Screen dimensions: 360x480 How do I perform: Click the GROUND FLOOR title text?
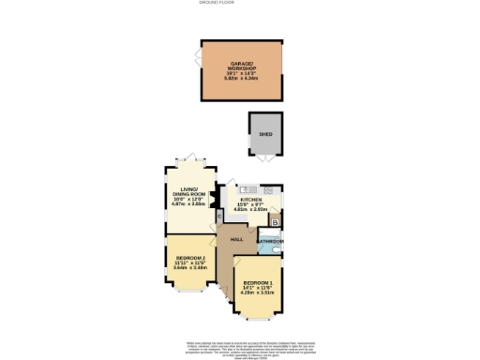[x=240, y=5]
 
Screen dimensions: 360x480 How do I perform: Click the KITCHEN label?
[x=250, y=200]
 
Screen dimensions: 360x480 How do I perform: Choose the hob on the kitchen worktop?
[x=278, y=196]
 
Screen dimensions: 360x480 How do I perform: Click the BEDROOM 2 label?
[x=190, y=260]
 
